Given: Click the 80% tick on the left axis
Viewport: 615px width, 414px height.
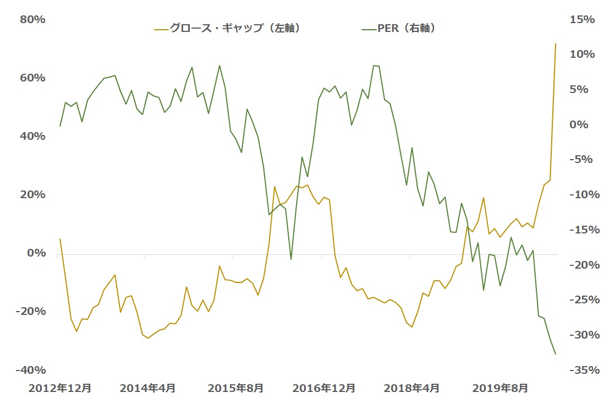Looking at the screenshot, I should point(32,20).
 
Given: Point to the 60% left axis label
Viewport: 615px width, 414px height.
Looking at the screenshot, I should point(32,78).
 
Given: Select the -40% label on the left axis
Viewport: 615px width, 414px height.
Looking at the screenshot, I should point(30,370).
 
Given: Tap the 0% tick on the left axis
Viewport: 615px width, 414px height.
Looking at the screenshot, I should point(36,253).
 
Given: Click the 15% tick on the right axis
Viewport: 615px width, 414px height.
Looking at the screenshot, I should point(583,20).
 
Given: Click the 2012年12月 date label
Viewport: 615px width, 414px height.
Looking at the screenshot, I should point(60,388).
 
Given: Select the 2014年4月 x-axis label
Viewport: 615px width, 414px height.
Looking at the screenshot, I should point(147,388).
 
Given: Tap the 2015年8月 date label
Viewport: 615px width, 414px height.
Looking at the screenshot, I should point(235,388).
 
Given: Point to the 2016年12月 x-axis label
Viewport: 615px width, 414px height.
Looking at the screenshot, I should point(323,388).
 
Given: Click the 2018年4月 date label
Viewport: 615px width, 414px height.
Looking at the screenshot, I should point(411,388).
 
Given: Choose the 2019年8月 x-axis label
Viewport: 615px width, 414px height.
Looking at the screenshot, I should point(499,388).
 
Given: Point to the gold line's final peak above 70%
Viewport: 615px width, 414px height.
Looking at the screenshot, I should point(556,43).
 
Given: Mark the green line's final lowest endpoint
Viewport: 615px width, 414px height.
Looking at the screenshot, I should point(556,354).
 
